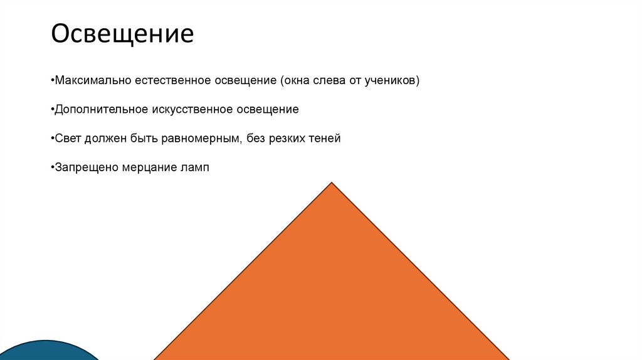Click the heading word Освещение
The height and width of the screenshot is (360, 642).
(122, 34)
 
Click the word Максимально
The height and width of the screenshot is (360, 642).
(92, 81)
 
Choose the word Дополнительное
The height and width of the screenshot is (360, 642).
(102, 109)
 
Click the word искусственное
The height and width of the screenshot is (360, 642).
(192, 109)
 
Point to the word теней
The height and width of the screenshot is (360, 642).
(324, 139)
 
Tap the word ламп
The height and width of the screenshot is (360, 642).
(193, 167)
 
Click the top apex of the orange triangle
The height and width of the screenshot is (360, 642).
(332, 183)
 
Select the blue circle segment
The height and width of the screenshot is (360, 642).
(50, 351)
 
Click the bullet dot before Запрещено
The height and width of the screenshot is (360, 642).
(53, 168)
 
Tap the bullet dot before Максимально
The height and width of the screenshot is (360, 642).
(53, 82)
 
